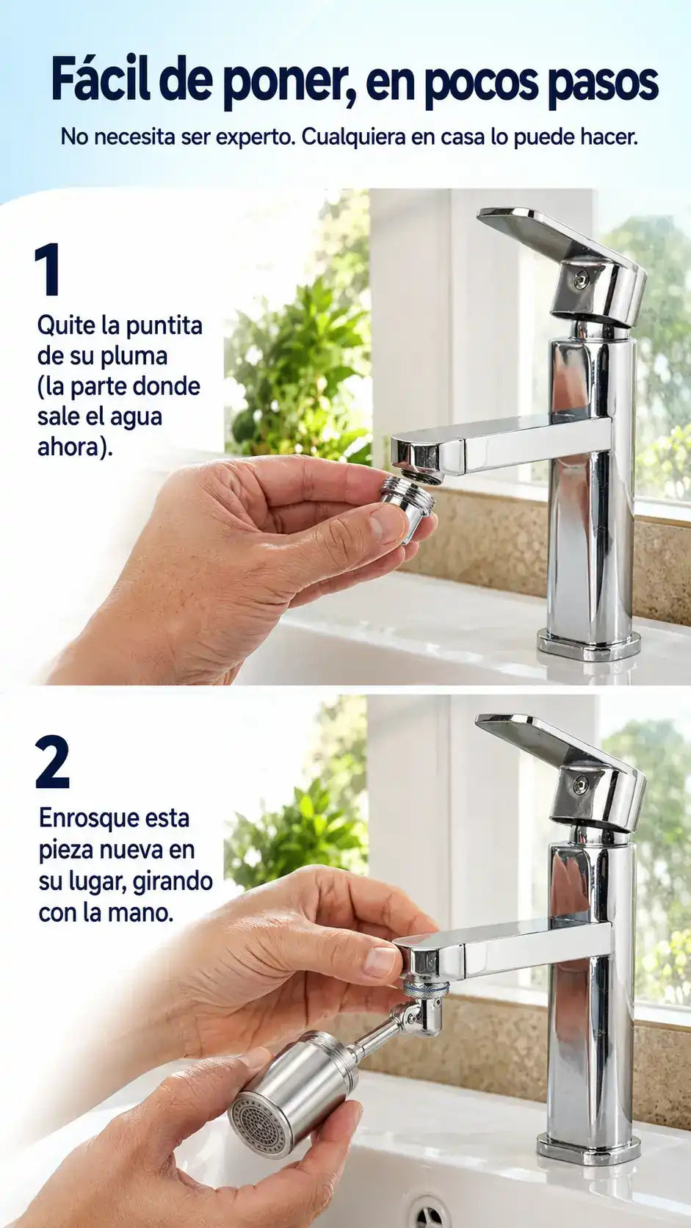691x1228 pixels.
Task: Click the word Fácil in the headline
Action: click(101, 82)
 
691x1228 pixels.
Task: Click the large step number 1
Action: click(48, 270)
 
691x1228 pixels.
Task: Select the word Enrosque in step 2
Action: click(80, 819)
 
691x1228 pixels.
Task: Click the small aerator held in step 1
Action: click(408, 508)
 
